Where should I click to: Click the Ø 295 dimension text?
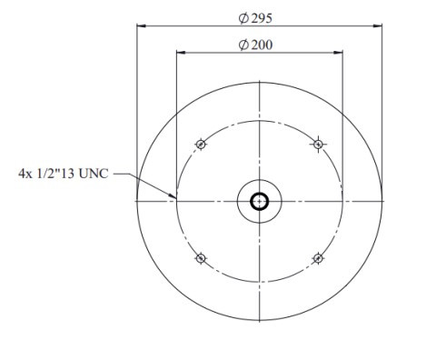coord(255,18)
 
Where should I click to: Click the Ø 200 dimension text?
coord(255,45)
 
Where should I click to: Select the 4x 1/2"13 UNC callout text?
coord(63,174)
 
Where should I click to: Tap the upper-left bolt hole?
coord(201,144)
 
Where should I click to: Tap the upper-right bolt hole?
coord(318,144)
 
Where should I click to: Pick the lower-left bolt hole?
coord(201,258)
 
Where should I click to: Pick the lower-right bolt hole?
coord(318,258)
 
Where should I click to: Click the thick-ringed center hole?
coord(259,202)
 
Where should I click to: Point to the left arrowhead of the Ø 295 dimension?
coord(141,26)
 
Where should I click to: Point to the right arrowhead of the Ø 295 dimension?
coord(378,26)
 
